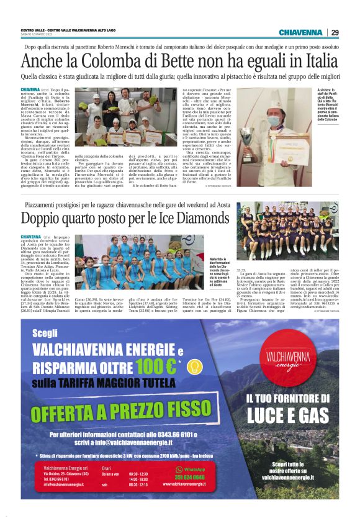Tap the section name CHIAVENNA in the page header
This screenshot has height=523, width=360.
point(300,32)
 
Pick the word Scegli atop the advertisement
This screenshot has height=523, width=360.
point(44,332)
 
